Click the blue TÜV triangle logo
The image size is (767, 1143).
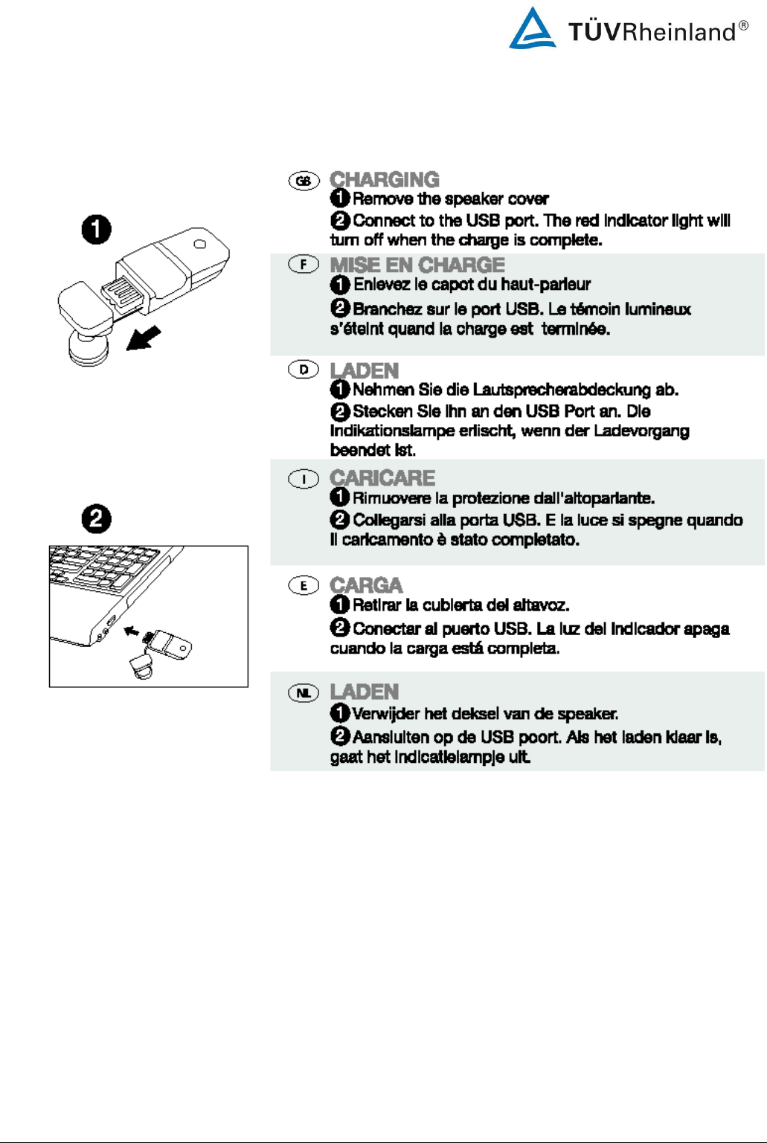pos(532,30)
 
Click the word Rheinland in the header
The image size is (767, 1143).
pos(678,32)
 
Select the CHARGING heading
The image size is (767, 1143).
pos(385,179)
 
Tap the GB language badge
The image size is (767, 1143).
pos(304,181)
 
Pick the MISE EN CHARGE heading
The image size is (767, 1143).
pos(417,265)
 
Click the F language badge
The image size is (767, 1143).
pos(304,264)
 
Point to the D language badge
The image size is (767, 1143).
pos(304,369)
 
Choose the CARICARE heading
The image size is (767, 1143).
pos(382,477)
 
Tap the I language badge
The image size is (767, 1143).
pos(304,479)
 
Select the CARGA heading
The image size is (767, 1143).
pos(366,585)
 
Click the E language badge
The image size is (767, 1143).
pos(304,585)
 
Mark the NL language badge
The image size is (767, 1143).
pos(304,693)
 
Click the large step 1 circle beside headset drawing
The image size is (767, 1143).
pos(97,229)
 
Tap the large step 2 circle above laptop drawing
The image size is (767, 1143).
pos(97,518)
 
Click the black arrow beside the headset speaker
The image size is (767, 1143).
pos(144,338)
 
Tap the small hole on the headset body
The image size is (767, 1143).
pos(199,244)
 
